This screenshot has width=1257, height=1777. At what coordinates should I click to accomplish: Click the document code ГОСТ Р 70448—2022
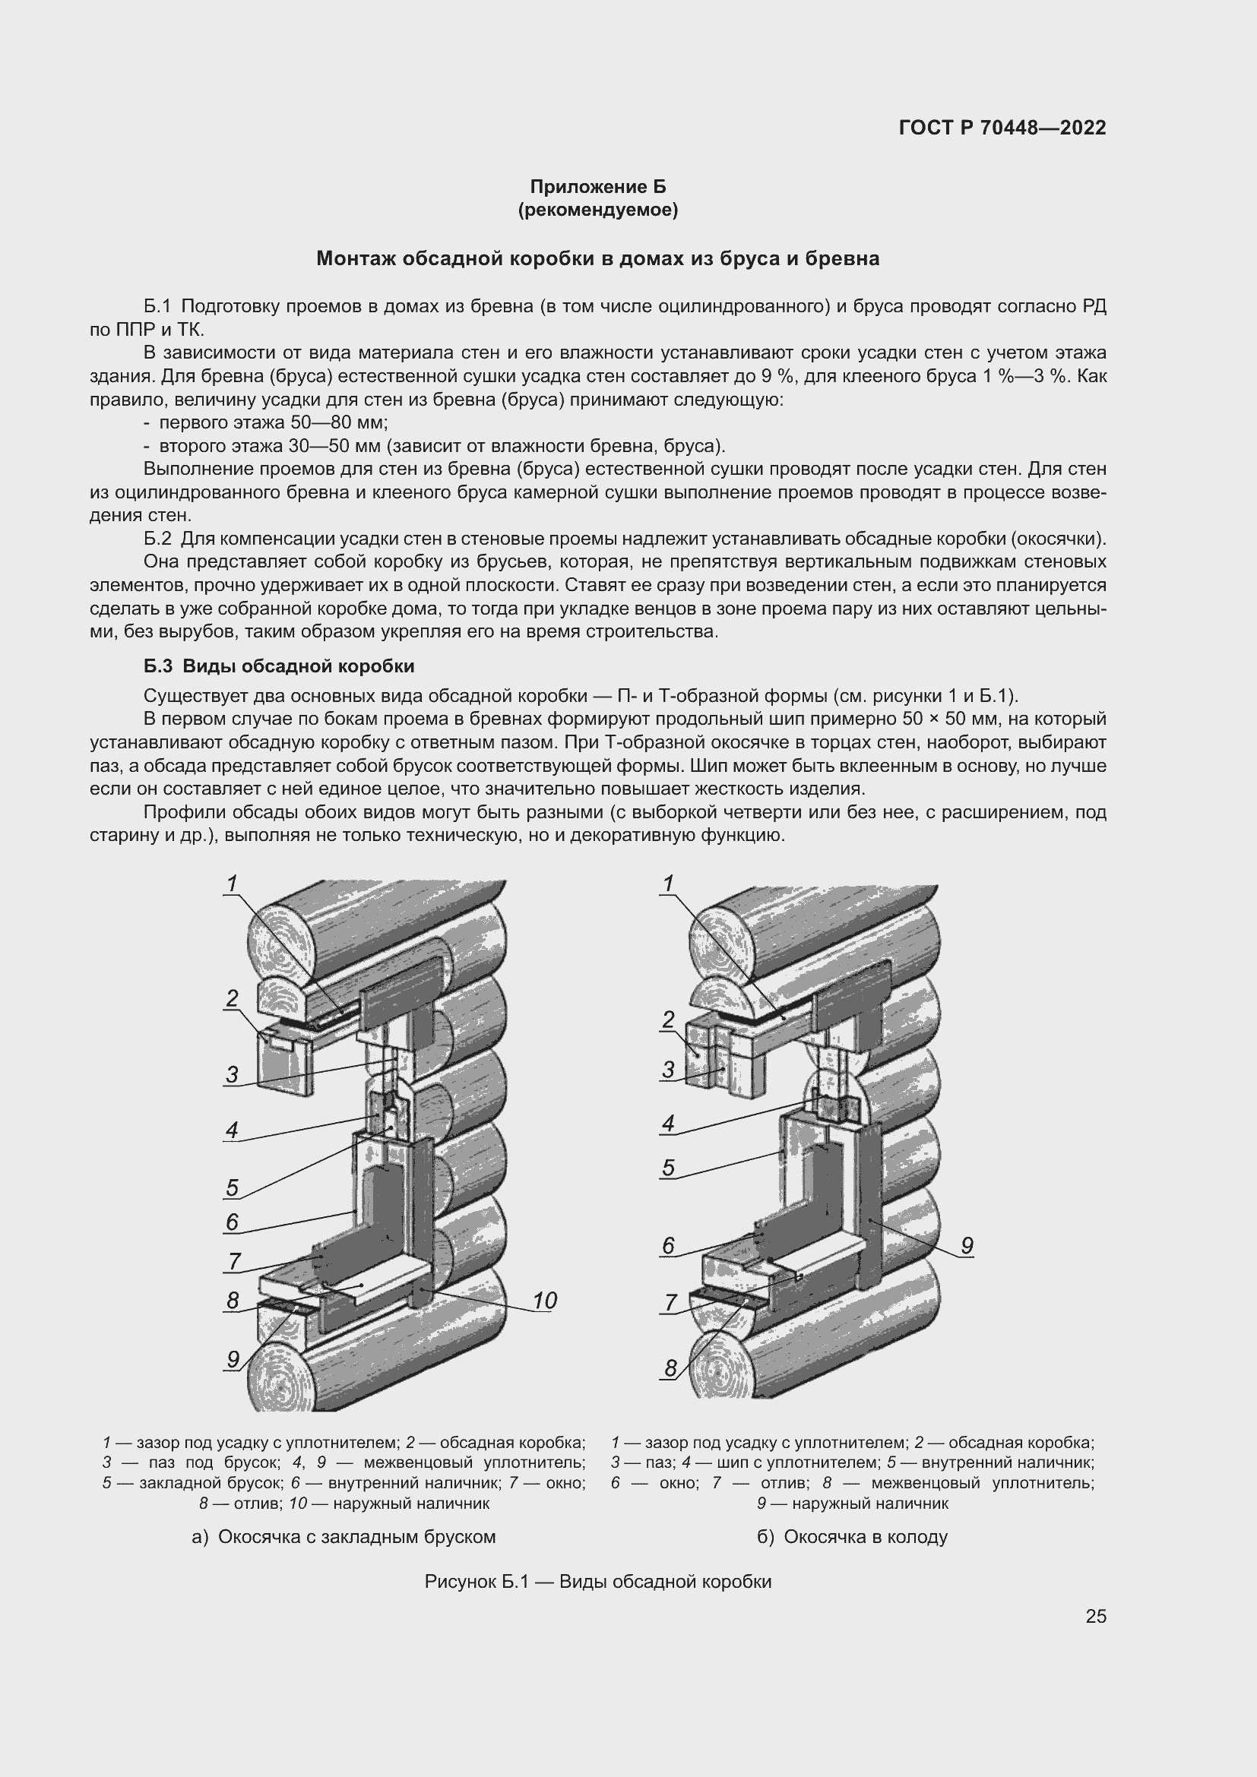pos(1002,128)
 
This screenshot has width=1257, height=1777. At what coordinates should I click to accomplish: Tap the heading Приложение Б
pos(597,187)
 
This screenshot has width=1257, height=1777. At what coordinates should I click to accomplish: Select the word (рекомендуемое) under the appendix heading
pos(597,210)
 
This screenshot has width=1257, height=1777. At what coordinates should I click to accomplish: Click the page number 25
pos(1095,1616)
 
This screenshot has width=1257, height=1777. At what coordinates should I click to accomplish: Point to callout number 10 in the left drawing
pos(544,1300)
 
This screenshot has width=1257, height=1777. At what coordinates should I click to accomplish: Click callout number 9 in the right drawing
pos(967,1245)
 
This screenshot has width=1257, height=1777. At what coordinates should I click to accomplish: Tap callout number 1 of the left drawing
pos(232,884)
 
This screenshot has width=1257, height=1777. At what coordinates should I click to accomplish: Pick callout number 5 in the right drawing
pos(668,1167)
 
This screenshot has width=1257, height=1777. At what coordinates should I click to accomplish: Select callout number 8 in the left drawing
pos(233,1300)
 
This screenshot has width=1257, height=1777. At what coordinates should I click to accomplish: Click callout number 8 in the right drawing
pos(670,1368)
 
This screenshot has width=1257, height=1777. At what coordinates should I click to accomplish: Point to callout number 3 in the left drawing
pos(233,1074)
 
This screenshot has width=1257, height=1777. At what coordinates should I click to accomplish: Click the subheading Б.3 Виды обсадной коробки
pos(279,666)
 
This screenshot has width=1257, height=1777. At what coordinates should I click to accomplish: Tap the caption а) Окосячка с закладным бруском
pos(344,1536)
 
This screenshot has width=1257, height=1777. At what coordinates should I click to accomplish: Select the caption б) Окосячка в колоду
pos(852,1536)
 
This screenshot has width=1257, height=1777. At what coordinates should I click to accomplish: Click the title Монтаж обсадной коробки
pos(597,258)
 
